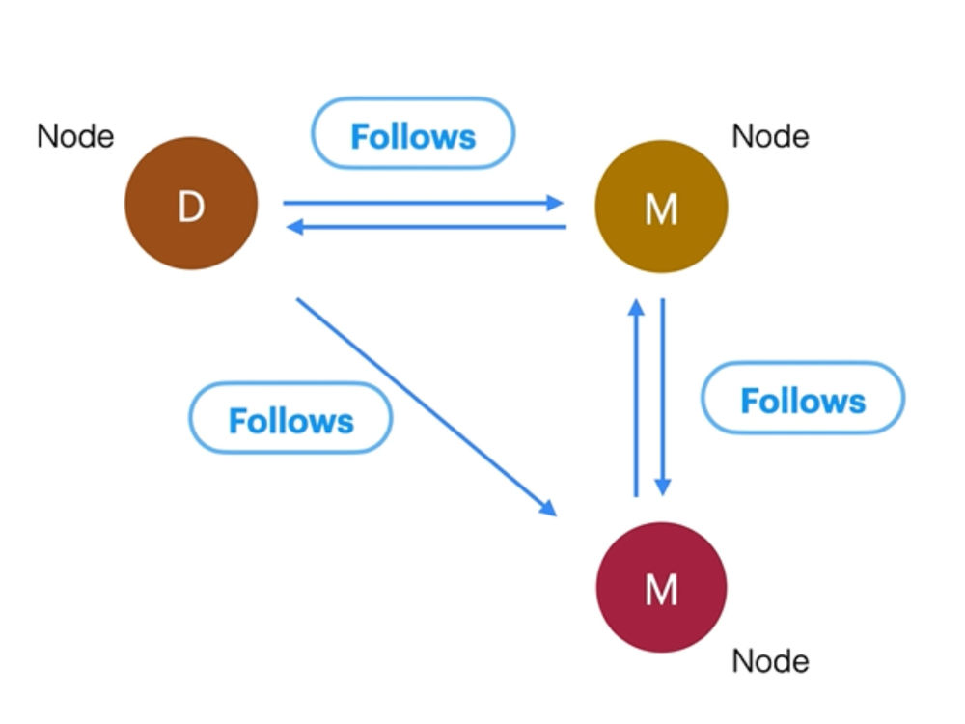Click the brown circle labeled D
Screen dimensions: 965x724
coord(191,203)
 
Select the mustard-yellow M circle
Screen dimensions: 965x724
coord(662,207)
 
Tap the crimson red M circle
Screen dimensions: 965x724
coord(662,587)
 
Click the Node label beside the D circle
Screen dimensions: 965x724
coord(75,136)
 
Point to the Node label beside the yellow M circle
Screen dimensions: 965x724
coord(770,136)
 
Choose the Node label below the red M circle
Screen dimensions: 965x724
coord(770,661)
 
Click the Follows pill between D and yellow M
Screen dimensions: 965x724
coord(413,133)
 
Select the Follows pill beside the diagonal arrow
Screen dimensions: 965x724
coord(291,418)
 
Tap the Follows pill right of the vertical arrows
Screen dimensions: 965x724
coord(803,398)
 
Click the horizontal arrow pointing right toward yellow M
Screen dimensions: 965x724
coord(423,203)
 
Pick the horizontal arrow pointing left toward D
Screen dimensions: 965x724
coord(427,227)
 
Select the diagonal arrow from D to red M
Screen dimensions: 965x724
coord(427,407)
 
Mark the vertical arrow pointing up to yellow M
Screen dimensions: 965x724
coord(636,398)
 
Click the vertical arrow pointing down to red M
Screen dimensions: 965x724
coord(663,397)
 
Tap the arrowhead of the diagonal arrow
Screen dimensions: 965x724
coord(548,508)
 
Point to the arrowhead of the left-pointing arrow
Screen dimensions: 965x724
coord(295,227)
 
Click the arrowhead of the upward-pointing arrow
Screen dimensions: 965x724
coord(636,307)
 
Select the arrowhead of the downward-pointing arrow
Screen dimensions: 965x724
coord(663,487)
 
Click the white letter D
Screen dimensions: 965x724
coord(191,207)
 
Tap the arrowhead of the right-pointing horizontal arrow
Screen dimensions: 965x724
coord(555,203)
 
